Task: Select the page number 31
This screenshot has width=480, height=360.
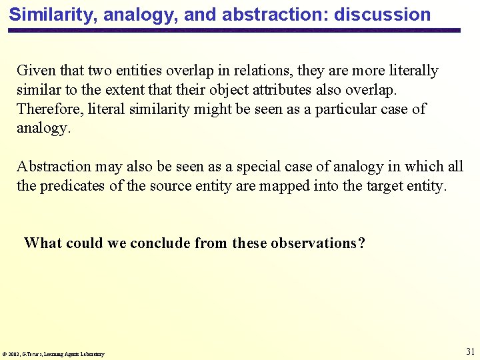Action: click(x=470, y=351)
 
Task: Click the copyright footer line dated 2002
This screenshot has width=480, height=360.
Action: click(x=53, y=354)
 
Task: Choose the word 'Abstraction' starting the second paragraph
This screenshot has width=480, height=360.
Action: click(x=53, y=167)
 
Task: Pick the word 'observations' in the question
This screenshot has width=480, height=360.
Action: click(x=313, y=243)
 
